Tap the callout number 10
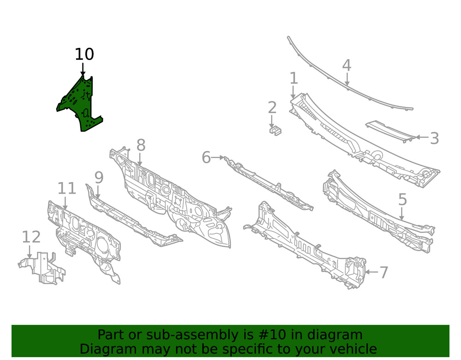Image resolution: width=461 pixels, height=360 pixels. (x=84, y=54)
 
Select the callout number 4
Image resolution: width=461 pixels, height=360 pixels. (x=347, y=65)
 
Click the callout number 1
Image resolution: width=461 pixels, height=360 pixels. (x=294, y=78)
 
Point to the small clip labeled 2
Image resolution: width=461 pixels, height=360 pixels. (x=276, y=130)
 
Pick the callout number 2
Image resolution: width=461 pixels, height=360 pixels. (x=272, y=107)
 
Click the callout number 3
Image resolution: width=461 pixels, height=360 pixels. (x=435, y=138)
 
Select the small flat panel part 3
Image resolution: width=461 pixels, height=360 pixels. (x=391, y=131)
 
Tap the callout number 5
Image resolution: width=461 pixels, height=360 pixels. (x=402, y=200)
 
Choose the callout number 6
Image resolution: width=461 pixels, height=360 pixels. (x=206, y=157)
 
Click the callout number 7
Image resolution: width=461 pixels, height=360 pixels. (x=384, y=272)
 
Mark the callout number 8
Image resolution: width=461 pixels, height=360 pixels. (x=141, y=145)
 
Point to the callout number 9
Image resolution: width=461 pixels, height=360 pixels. (x=99, y=177)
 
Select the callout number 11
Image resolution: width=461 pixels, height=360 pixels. (x=67, y=188)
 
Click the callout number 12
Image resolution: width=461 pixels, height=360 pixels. (x=31, y=237)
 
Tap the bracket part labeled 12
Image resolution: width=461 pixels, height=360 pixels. (x=42, y=268)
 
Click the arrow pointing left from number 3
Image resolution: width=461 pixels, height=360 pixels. (x=422, y=137)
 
